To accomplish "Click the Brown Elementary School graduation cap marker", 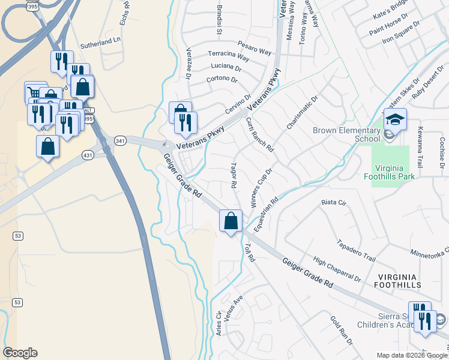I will [395, 121].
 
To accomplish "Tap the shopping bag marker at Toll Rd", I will [231, 221].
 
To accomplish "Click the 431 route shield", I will [88, 155].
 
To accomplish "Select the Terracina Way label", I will [229, 56].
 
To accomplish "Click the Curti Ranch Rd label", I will [259, 134].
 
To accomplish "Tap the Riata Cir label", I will [334, 203].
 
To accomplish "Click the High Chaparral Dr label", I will [337, 270].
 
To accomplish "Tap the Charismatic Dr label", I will [301, 113].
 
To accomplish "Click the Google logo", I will [20, 353].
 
